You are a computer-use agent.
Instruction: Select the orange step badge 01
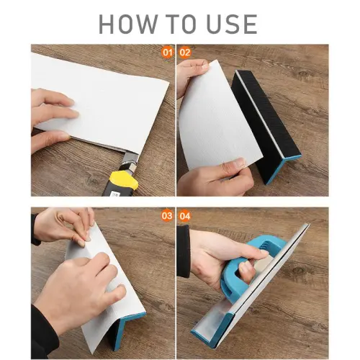pyautogui.click(x=167, y=53)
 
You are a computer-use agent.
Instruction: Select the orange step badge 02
pyautogui.click(x=185, y=53)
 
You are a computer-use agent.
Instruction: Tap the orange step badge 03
pyautogui.click(x=167, y=216)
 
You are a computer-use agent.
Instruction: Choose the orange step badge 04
pyautogui.click(x=185, y=216)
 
